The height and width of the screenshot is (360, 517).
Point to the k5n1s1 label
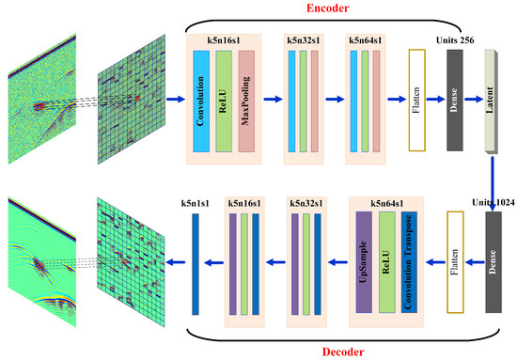196,201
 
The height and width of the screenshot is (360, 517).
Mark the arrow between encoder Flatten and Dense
436,98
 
